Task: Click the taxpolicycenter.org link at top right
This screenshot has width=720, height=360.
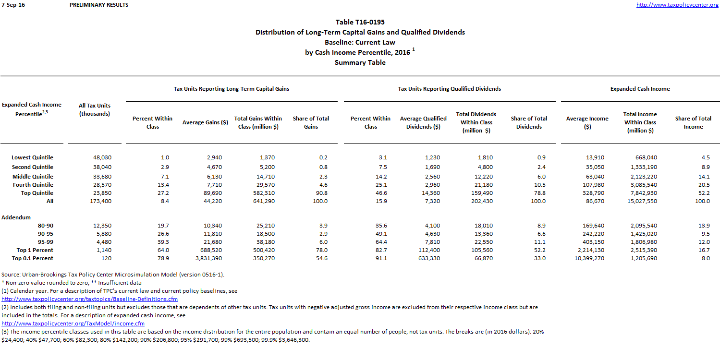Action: [x=677, y=5]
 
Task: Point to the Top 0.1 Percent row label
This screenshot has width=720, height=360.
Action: [x=33, y=258]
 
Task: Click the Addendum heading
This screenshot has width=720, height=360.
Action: [x=16, y=217]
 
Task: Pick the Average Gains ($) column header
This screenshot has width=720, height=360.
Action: [x=205, y=122]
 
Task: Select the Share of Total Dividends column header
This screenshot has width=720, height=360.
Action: [x=529, y=122]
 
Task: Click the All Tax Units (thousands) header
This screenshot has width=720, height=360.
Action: [x=95, y=109]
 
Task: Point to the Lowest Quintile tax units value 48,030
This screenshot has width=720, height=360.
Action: [x=102, y=157]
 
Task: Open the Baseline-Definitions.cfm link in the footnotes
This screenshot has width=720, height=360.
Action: [x=89, y=299]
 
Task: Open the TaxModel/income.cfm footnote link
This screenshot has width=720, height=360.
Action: [x=73, y=324]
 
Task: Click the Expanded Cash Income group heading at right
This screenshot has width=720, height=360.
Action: [x=640, y=89]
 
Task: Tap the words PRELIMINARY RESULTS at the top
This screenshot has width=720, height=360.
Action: [x=99, y=5]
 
